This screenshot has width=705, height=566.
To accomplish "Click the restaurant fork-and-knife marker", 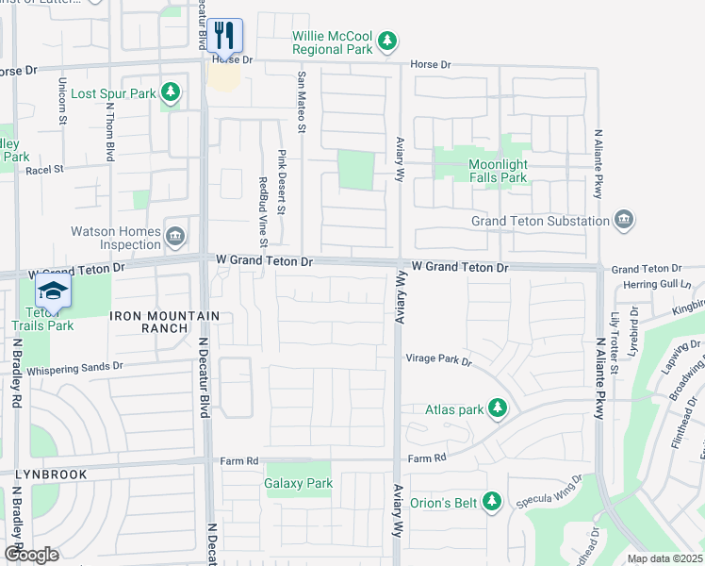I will [x=225, y=36].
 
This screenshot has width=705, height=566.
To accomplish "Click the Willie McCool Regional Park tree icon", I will [x=386, y=41].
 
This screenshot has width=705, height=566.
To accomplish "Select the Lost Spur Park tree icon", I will [x=170, y=92].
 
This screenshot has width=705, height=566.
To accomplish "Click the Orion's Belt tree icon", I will [x=490, y=501].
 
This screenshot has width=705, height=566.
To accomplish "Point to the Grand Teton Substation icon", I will [x=623, y=221].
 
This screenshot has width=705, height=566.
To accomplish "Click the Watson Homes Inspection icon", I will [x=174, y=236].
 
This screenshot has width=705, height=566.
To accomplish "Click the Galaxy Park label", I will [x=299, y=484].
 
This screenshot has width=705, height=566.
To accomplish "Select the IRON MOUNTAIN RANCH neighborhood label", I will [x=165, y=323].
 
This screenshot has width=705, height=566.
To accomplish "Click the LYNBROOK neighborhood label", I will [x=51, y=474].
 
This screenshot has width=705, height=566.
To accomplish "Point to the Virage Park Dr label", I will [x=438, y=359].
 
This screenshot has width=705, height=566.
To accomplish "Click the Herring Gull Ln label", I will [x=657, y=284].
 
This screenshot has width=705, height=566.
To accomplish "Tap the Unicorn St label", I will [x=63, y=100].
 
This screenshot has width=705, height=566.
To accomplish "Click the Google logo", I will [x=31, y=555].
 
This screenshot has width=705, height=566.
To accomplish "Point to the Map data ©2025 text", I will [x=664, y=558].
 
